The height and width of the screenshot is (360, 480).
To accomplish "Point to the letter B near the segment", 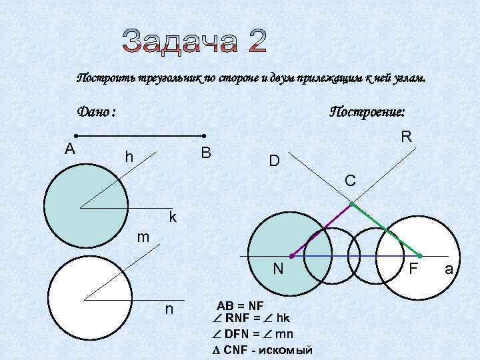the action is pos(206,153).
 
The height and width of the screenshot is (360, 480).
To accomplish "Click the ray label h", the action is pos(129,158).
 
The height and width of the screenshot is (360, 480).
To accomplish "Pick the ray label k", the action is pos(173,217).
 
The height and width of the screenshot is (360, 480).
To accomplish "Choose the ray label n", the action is pos(169,309).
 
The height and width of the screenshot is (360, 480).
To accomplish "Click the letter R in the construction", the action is pos(406,137).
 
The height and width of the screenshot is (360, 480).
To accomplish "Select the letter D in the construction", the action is pos(274,161).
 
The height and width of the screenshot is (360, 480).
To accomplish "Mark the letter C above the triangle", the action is pos(349,180).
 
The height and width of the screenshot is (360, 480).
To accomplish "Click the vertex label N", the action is pos(279,269).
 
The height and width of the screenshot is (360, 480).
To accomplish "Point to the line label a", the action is pos(449,269).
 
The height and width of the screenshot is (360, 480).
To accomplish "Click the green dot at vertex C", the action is pos(351,203).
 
